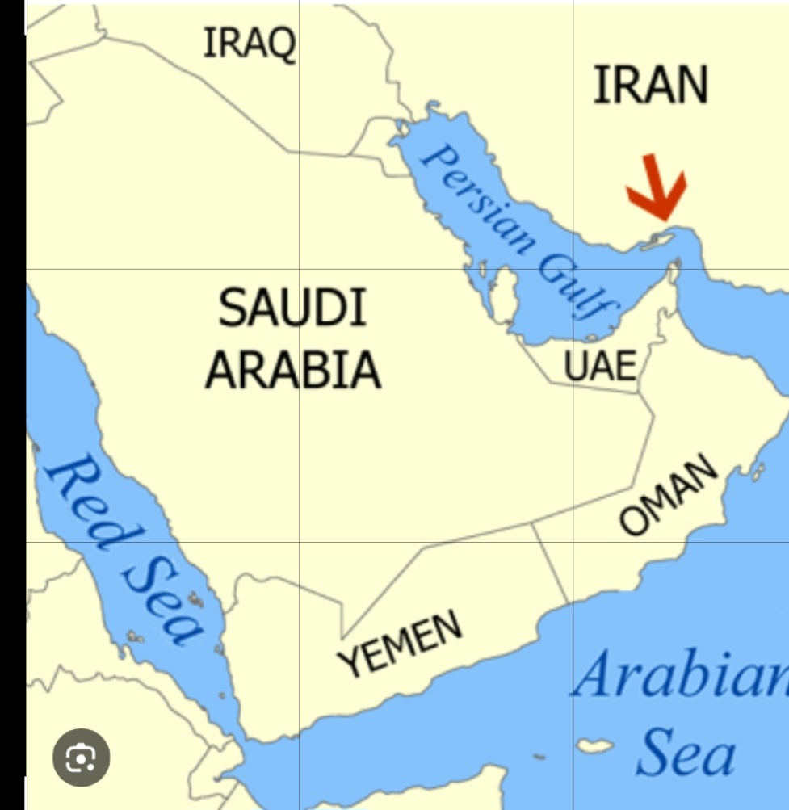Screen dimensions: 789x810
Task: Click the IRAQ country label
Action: pyautogui.click(x=249, y=42)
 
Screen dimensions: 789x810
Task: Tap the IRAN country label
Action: pyautogui.click(x=650, y=85)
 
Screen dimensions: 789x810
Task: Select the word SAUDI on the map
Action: pyautogui.click(x=292, y=308)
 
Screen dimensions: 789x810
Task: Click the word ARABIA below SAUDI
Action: pyautogui.click(x=292, y=369)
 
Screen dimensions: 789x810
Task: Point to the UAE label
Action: pyautogui.click(x=600, y=366)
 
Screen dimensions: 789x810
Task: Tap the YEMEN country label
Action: pyautogui.click(x=401, y=643)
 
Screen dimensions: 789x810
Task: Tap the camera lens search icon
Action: pyautogui.click(x=81, y=758)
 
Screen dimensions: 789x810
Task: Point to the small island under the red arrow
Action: pyautogui.click(x=659, y=240)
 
